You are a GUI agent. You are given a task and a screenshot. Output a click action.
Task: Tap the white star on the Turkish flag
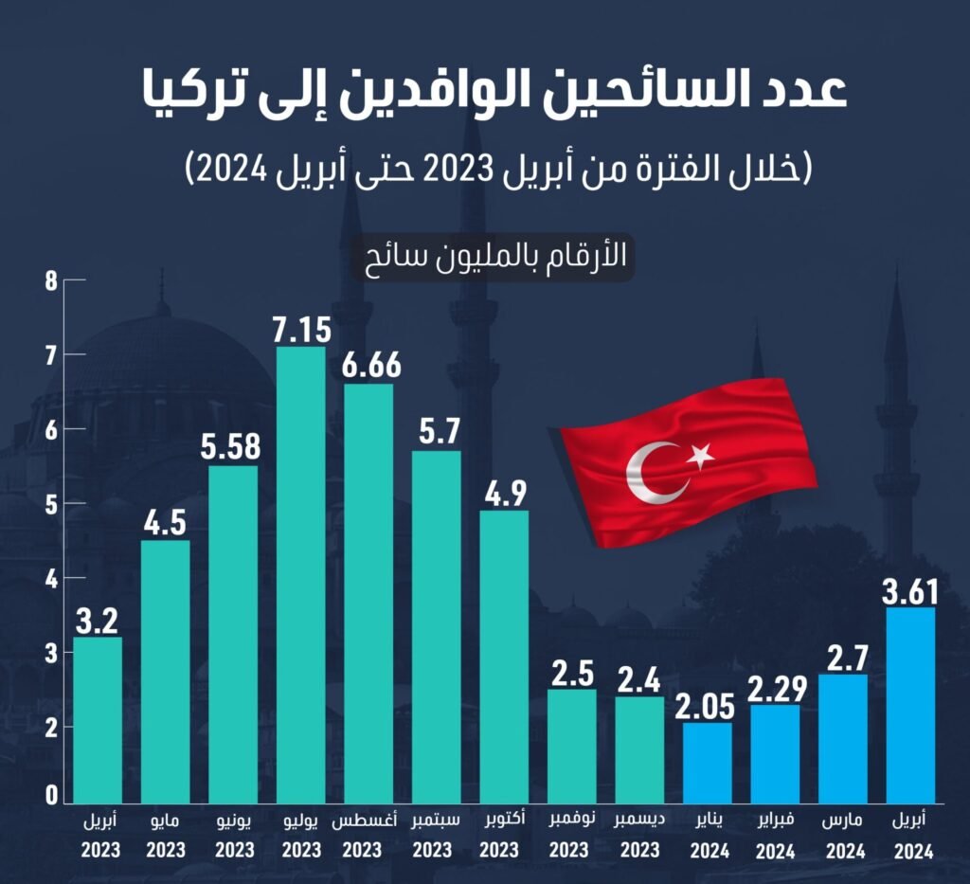[700, 456]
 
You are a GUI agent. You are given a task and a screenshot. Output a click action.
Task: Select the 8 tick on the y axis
[51, 280]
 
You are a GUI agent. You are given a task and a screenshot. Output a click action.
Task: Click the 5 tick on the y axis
[51, 504]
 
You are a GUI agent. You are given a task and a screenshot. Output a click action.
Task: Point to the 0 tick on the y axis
[51, 797]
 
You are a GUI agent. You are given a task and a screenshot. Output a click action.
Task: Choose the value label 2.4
[639, 680]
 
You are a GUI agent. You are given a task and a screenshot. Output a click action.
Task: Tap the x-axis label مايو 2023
[165, 835]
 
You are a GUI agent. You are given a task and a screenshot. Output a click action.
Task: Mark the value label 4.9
[504, 494]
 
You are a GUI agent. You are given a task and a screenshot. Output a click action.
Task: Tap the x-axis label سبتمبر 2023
[437, 835]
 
